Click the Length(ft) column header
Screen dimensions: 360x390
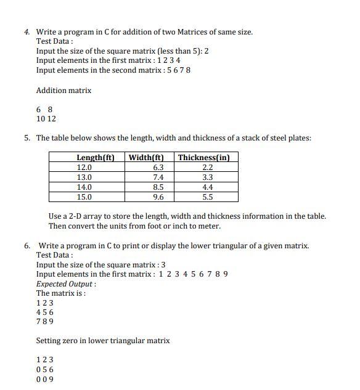(x=96, y=158)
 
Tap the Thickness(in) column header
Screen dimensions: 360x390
(x=204, y=158)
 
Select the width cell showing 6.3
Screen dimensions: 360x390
(x=158, y=168)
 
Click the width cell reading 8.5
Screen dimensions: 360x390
(x=158, y=187)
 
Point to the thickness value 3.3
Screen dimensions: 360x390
(x=208, y=177)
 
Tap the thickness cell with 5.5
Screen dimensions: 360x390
(x=208, y=197)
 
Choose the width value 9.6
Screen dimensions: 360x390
(x=158, y=197)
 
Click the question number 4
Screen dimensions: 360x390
(x=28, y=32)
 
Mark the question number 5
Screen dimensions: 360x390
(x=28, y=138)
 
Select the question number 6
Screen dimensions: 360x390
(x=28, y=246)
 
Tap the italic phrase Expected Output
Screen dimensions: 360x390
(x=66, y=284)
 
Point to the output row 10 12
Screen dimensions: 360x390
(x=46, y=118)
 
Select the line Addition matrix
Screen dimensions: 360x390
(x=63, y=91)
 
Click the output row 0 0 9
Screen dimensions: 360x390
(x=45, y=379)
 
